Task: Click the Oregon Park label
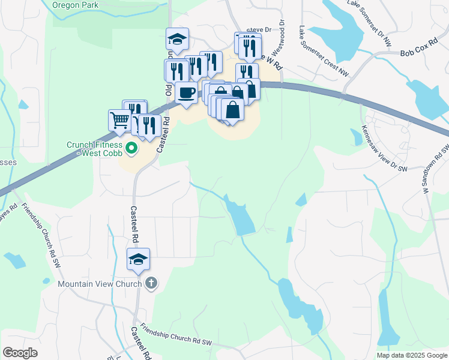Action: tap(74, 4)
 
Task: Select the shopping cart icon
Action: tap(119, 120)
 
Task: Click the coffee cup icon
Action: tap(186, 93)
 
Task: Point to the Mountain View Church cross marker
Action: tap(151, 283)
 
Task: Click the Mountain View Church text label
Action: tap(100, 283)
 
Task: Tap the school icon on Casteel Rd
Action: tap(139, 259)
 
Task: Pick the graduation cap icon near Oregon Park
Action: tap(177, 40)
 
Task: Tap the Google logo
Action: tap(20, 353)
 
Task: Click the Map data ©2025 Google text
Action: tap(412, 355)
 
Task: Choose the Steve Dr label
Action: tap(259, 29)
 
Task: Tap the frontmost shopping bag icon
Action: tap(232, 110)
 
